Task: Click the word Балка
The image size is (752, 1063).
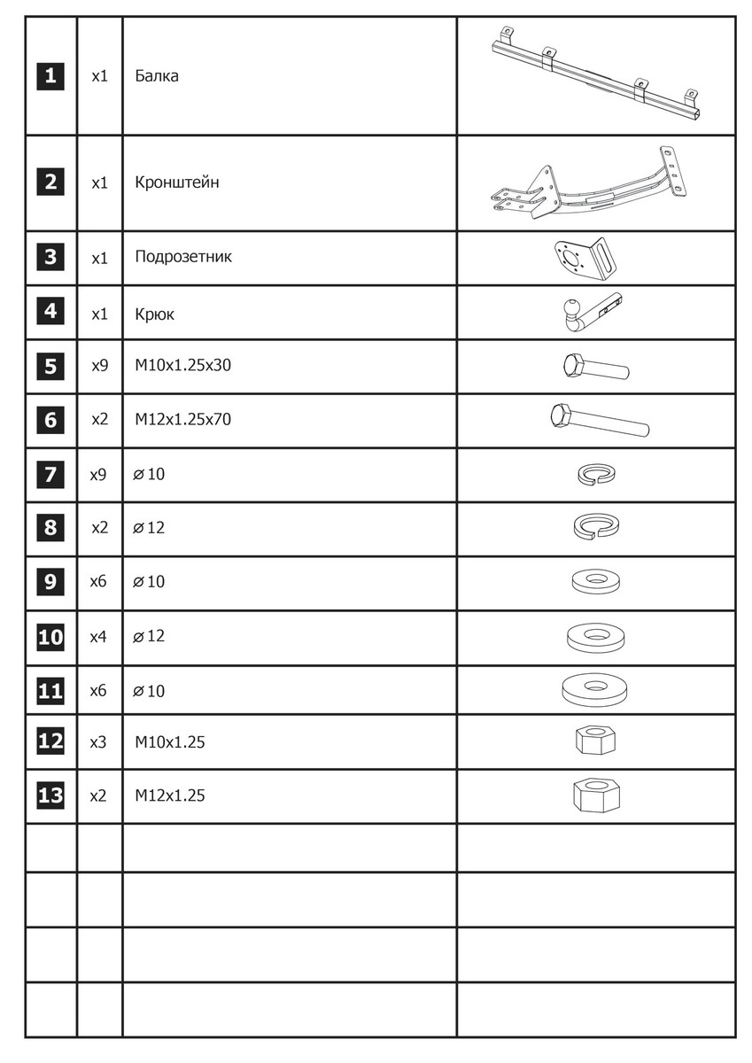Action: (x=157, y=76)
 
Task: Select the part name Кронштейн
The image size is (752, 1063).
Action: (x=177, y=183)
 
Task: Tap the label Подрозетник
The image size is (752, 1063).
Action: (x=183, y=258)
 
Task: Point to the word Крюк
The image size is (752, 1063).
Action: (x=155, y=314)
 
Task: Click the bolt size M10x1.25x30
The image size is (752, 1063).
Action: (x=182, y=365)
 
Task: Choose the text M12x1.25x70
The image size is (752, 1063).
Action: (x=182, y=420)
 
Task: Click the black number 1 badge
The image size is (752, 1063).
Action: (x=50, y=76)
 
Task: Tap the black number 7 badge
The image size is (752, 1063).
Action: (x=50, y=475)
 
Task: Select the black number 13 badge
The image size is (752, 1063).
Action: (x=50, y=795)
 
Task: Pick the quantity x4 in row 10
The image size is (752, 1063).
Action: (x=98, y=637)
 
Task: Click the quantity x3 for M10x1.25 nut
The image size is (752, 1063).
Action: (x=98, y=742)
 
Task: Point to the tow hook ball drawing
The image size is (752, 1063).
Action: (x=569, y=309)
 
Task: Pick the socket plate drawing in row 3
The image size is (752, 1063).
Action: (x=585, y=258)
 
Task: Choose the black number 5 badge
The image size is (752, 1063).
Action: (x=50, y=366)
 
